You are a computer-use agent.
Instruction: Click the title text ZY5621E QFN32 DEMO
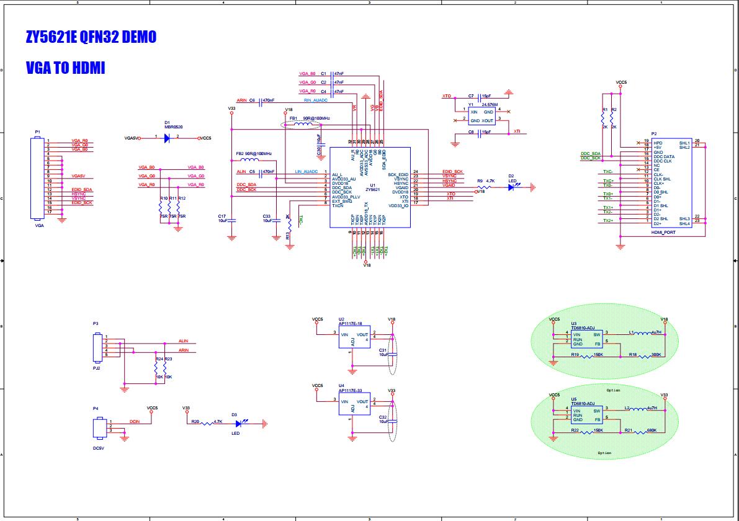[91, 37]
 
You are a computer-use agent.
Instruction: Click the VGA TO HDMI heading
[65, 68]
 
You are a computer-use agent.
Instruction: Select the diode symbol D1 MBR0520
[167, 138]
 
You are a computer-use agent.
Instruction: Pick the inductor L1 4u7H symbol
[637, 333]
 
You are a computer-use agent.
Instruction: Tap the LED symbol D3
[240, 424]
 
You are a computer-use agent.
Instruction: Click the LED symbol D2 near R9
[511, 187]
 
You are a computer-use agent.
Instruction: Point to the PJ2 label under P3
[96, 367]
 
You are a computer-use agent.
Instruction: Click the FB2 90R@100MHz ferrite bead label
[254, 153]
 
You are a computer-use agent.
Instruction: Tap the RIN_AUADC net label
[315, 100]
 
